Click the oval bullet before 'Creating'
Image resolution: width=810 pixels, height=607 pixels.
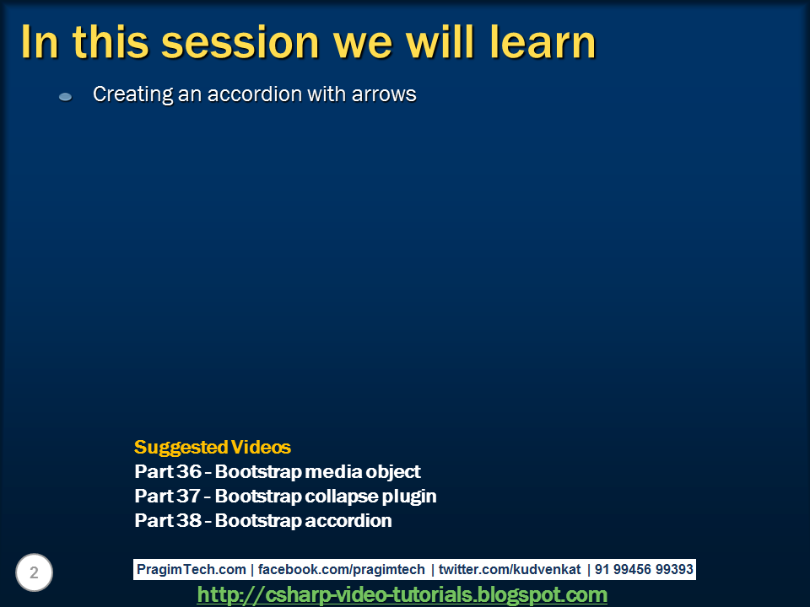coord(65,97)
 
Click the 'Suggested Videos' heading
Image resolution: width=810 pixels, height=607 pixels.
coord(212,447)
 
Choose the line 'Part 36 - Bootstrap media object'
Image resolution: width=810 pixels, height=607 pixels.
coord(277,471)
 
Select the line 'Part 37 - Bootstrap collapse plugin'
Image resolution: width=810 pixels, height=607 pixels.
coord(285,496)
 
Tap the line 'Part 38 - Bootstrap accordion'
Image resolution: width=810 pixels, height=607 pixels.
coord(262,520)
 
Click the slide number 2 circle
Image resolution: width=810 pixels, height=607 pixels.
coord(34,573)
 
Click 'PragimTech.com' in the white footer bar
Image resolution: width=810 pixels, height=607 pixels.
coord(192,569)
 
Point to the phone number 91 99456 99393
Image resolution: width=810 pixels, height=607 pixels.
coord(644,569)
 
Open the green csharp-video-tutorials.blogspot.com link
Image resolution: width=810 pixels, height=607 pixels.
coord(402,594)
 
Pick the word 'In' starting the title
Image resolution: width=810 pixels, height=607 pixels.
coord(39,42)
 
